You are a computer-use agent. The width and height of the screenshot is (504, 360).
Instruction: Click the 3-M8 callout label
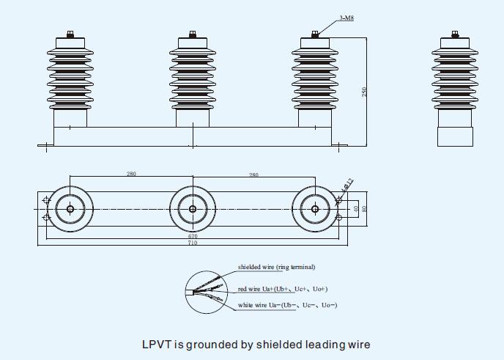pos(346,17)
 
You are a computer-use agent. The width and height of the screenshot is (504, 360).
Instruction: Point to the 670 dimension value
pos(192,237)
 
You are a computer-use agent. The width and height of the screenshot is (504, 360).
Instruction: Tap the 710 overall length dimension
pos(192,243)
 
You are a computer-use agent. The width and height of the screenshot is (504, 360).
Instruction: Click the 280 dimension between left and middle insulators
pos(131,175)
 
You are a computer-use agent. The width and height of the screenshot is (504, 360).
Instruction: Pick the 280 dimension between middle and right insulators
pos(253,175)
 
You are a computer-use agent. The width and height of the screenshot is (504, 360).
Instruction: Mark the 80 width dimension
pos(364,209)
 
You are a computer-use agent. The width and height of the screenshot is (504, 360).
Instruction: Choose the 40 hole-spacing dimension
pos(355,209)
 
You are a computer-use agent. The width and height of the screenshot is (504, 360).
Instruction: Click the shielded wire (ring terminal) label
pos(276,267)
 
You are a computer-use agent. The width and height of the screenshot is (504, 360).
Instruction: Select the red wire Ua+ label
pos(283,289)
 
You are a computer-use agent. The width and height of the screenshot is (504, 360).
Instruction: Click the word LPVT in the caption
pos(156,344)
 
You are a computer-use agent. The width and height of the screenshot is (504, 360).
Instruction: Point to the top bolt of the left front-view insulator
pos(70,34)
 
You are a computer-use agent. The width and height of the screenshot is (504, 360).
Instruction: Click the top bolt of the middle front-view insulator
pos(193,34)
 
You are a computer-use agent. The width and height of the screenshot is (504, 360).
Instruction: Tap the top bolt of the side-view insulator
pos(456,34)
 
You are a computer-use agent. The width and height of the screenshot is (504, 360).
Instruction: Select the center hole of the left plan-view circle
pos(70,209)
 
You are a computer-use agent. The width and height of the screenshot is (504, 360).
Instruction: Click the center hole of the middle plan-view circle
pos(193,209)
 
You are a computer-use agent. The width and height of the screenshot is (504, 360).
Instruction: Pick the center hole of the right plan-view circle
pos(315,209)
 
